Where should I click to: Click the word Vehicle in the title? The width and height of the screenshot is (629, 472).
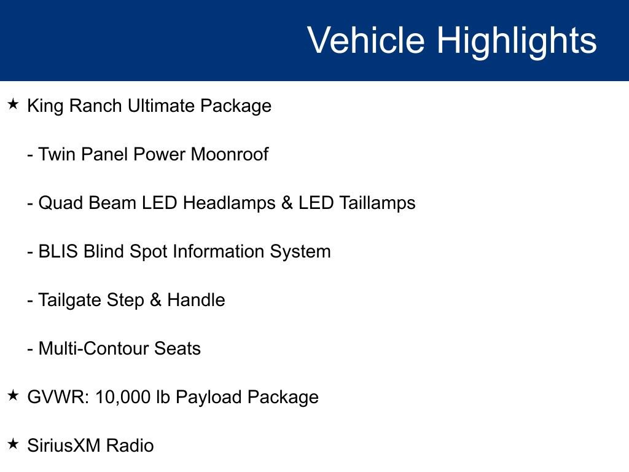pyautogui.click(x=365, y=41)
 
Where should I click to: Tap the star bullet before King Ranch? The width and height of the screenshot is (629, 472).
pyautogui.click(x=14, y=104)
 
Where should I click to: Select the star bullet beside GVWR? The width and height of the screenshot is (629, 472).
pyautogui.click(x=14, y=396)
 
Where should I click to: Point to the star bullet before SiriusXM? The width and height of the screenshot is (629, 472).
pyautogui.click(x=14, y=444)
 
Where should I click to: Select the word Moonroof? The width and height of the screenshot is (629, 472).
pyautogui.click(x=229, y=154)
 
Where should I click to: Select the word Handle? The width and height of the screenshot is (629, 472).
pyautogui.click(x=196, y=300)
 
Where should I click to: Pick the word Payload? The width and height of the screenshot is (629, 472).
pyautogui.click(x=209, y=398)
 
